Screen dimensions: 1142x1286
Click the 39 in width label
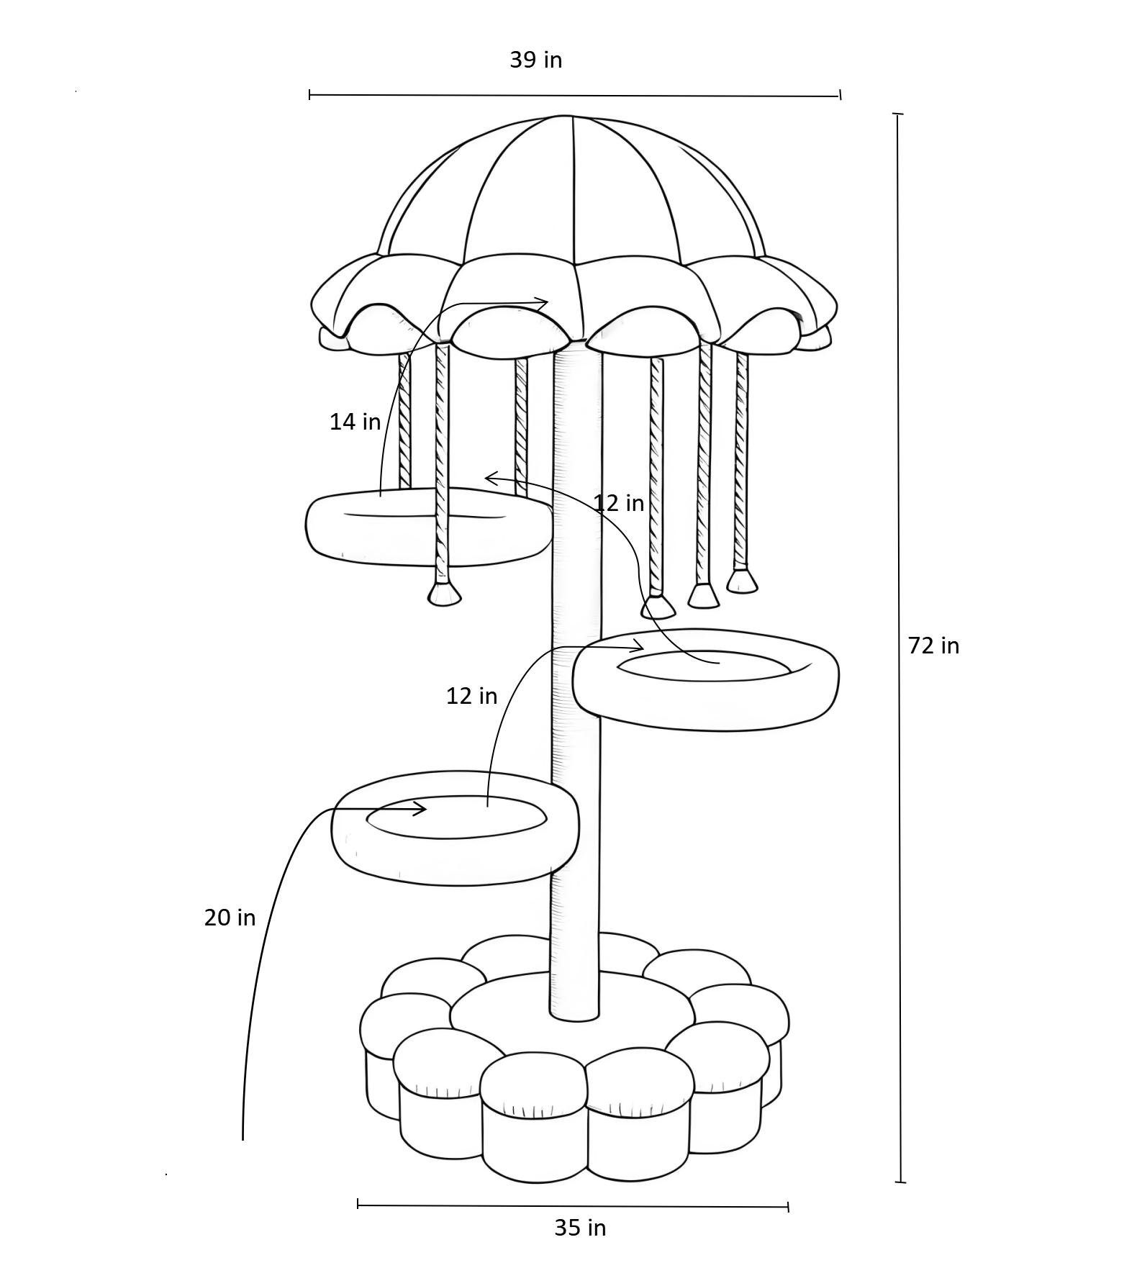[x=536, y=60]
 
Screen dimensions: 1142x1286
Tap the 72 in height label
[x=933, y=646]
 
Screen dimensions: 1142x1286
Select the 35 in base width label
[x=580, y=1227]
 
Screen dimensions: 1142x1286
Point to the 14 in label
[x=355, y=421]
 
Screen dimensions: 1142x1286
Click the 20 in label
[x=230, y=917]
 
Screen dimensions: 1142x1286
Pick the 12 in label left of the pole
[x=471, y=695]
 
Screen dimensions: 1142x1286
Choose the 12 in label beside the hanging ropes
[x=619, y=502]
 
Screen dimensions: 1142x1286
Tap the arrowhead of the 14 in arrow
[x=541, y=303]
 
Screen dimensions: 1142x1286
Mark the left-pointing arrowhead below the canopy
[x=491, y=478]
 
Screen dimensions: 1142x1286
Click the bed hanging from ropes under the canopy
[x=430, y=527]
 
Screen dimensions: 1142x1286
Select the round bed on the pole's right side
[x=705, y=680]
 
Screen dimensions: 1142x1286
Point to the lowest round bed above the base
[x=455, y=828]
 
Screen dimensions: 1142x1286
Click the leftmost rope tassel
[x=444, y=594]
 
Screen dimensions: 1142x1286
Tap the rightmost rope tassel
[x=742, y=580]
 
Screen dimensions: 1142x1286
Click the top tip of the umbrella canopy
[x=565, y=116]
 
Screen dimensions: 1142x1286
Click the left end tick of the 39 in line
[x=309, y=94]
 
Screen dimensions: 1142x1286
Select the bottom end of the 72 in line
[x=900, y=1182]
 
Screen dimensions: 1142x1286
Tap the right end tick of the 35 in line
[x=789, y=1207]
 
